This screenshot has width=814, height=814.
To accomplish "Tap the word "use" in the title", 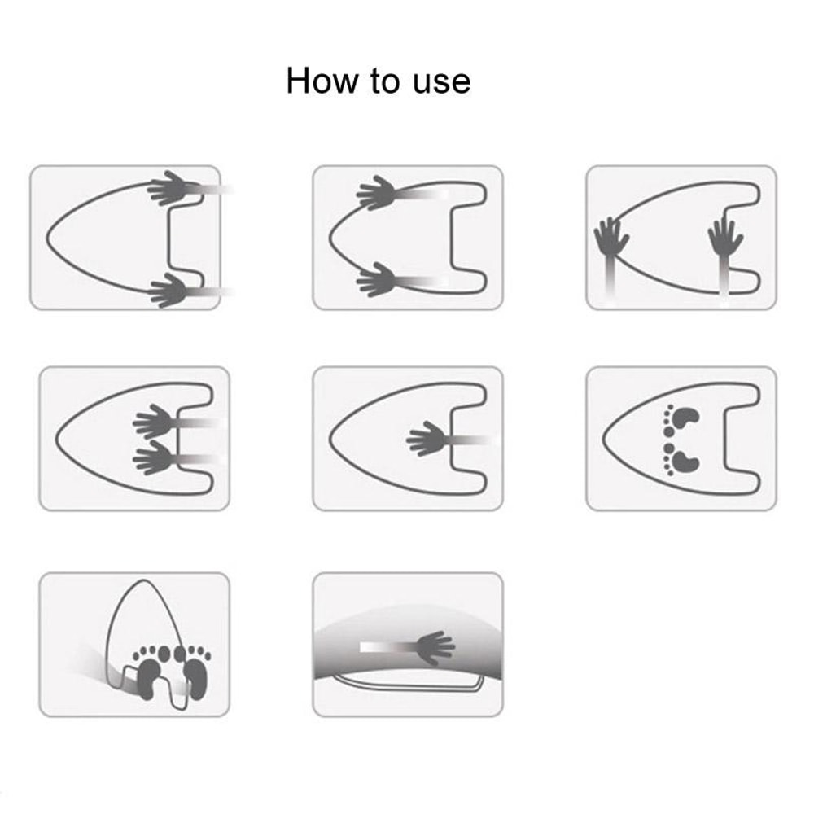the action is [442, 82].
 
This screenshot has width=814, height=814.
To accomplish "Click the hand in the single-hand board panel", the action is [427, 439].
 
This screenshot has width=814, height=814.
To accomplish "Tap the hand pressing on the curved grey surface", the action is [435, 647].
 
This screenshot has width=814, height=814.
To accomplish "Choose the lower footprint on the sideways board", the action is [681, 459].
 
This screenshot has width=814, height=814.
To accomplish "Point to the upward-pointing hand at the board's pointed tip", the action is [610, 237].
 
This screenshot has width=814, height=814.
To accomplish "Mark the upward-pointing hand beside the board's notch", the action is [724, 237].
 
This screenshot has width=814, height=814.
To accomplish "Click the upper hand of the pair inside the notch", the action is [154, 421].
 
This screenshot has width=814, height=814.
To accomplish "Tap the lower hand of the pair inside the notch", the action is [154, 457].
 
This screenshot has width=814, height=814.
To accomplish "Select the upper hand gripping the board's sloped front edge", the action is [376, 193].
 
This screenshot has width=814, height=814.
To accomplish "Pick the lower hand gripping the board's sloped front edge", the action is [376, 280].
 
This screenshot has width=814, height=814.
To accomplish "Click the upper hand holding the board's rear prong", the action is [169, 188].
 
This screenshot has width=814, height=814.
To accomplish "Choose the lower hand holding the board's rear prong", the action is [169, 289].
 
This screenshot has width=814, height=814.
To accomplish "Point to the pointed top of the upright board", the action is [143, 581].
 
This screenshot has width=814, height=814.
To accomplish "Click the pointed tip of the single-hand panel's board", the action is [331, 439].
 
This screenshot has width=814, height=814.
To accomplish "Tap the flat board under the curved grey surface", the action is [408, 684].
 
